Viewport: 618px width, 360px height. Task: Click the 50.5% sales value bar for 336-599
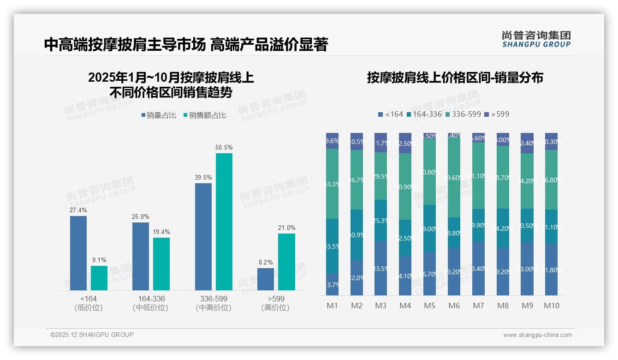(x=224, y=222)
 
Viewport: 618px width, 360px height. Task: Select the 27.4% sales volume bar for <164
(x=78, y=253)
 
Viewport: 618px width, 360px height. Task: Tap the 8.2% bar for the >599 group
(x=266, y=279)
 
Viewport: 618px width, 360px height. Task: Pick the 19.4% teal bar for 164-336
(x=161, y=264)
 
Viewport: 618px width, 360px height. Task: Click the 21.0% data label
(x=287, y=228)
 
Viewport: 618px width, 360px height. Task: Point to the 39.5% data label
(x=203, y=177)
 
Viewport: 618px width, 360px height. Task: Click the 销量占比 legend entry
(x=159, y=115)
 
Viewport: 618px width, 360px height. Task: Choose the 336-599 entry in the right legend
(x=463, y=114)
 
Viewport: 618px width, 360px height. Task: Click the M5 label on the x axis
(x=429, y=306)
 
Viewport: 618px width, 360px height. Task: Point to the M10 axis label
(x=552, y=306)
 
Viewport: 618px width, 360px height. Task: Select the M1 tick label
(x=332, y=306)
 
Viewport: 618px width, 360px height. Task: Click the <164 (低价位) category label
(x=89, y=303)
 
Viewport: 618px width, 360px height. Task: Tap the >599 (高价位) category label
(x=275, y=303)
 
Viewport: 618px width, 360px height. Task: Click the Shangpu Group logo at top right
(x=536, y=39)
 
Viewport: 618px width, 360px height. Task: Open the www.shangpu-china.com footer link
(x=537, y=335)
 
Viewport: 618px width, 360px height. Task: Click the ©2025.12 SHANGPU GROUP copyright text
(x=92, y=335)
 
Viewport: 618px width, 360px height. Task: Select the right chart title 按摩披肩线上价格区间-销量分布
(x=455, y=78)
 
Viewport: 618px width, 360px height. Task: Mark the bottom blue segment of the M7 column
(x=478, y=269)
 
